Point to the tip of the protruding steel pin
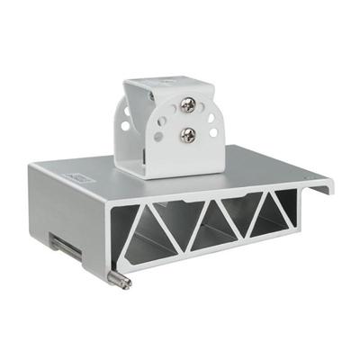click(127, 285)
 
